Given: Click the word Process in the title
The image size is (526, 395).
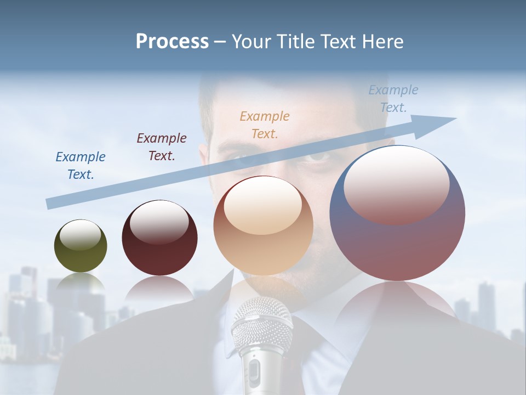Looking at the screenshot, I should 172,42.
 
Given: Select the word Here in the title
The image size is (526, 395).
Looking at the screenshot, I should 383,42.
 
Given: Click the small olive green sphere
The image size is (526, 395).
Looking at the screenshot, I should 81,246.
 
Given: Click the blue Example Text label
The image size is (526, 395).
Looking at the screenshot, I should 81,166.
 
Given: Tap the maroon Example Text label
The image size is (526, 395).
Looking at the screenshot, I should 162,147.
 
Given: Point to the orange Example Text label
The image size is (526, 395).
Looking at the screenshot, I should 265,125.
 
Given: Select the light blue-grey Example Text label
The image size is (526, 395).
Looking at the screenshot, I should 393,99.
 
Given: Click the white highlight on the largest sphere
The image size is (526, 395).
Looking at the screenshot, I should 396,184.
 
